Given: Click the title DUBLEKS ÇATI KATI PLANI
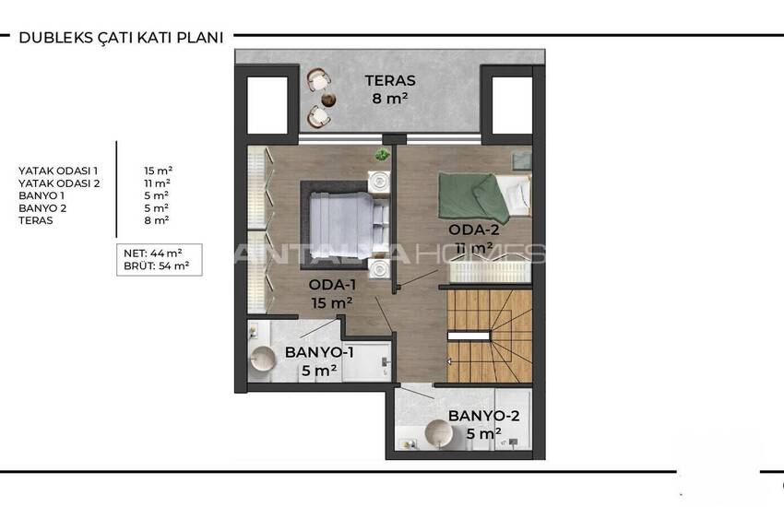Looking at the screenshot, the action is (x=121, y=38).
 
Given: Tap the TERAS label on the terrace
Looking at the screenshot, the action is (x=390, y=80).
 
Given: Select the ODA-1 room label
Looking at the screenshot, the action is (x=332, y=285).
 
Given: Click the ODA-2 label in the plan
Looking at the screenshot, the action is (x=473, y=230).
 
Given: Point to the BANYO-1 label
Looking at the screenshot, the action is (x=319, y=352).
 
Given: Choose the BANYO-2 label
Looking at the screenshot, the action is (x=483, y=416).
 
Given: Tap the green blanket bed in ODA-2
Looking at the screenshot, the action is (x=484, y=196).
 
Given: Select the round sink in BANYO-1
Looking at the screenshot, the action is (x=263, y=359).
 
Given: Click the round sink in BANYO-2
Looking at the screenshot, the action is (x=438, y=433).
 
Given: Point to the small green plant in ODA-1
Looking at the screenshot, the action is (x=383, y=155).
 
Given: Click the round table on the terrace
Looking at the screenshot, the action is (x=328, y=100).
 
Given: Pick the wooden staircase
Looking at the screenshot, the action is (x=490, y=336).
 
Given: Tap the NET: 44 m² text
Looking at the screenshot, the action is (x=152, y=253).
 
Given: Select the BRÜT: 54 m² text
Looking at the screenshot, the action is (x=156, y=266).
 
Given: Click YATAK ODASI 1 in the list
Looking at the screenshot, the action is (x=58, y=171).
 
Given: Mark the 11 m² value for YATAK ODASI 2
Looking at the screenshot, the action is (x=157, y=183).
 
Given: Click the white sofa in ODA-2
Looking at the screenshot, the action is (x=490, y=271).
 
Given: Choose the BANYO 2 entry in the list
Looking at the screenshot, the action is (x=42, y=208).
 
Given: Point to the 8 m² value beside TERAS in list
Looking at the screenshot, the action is (x=157, y=220).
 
